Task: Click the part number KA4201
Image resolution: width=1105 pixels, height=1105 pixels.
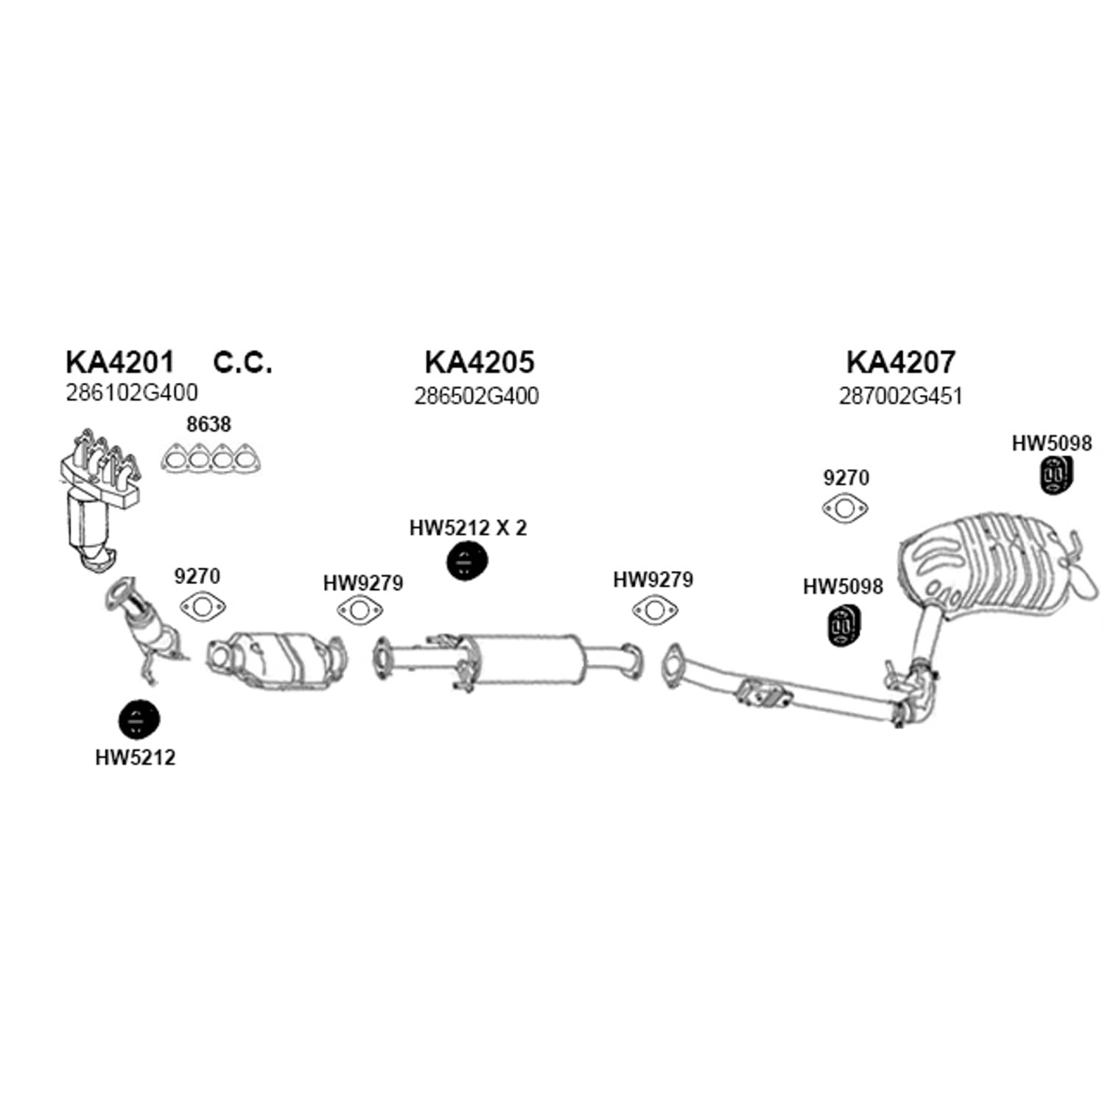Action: point(120,362)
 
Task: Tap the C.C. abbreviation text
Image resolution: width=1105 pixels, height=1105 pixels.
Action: point(242,362)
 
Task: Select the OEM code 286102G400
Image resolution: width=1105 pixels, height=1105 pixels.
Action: point(132,393)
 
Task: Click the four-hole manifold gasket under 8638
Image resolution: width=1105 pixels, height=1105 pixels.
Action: point(211,459)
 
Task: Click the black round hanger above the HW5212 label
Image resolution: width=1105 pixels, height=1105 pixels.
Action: point(138,720)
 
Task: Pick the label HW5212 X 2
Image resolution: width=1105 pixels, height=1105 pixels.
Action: point(468,527)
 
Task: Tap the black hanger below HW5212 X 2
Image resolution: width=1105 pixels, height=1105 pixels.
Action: point(467,562)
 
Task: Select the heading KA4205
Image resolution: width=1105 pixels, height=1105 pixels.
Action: point(479,362)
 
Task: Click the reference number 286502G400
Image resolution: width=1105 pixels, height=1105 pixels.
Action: point(476,396)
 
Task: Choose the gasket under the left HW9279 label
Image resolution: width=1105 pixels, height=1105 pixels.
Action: point(360,611)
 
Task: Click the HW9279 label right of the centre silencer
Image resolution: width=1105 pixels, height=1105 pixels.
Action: point(653,580)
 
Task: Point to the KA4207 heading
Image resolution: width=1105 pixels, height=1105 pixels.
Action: point(900,362)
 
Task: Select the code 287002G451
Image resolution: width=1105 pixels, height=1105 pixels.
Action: point(900,396)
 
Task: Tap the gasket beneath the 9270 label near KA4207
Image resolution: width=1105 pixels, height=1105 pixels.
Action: point(845,509)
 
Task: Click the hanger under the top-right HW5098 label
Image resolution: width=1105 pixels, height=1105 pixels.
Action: point(1056,475)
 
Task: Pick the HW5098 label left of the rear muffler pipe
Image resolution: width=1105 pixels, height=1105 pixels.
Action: point(843,586)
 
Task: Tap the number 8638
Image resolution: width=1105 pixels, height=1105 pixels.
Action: point(208,424)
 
